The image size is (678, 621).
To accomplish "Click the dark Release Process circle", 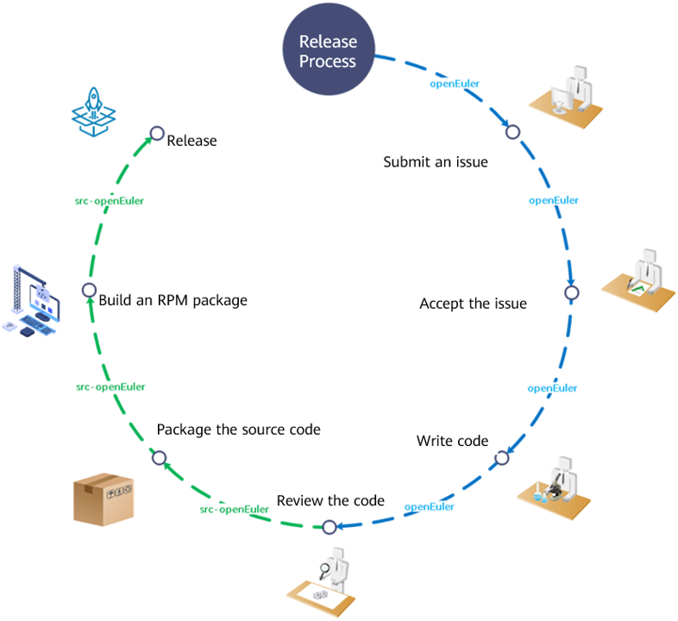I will (328, 52).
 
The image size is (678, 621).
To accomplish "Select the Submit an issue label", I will (436, 161).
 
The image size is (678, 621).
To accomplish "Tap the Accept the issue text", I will (473, 304).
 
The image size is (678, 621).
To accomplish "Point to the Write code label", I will (452, 441).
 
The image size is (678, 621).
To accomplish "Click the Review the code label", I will (330, 500).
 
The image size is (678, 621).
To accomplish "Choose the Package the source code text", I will (238, 429).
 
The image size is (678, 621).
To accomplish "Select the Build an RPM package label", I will (173, 300).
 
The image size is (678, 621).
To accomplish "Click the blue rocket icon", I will (94, 110).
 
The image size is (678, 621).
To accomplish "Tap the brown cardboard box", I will (106, 498).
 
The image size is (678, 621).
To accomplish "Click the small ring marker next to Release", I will (157, 134).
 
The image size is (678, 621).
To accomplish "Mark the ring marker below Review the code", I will (329, 526).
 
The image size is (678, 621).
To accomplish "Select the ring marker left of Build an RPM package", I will (88, 291).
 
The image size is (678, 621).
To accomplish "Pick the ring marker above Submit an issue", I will (512, 133).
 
